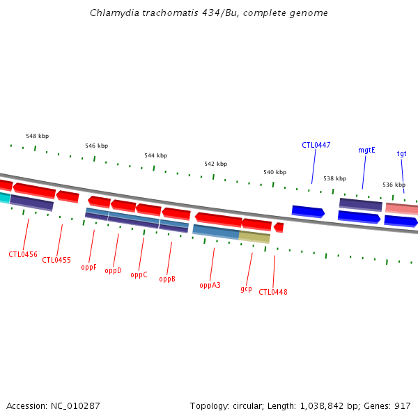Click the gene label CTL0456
click(23, 254)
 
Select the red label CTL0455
click(56, 260)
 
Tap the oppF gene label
click(88, 267)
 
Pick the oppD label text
click(114, 270)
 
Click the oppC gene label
click(139, 274)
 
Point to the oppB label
click(167, 279)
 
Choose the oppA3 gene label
click(210, 285)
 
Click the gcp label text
click(246, 288)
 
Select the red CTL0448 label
click(273, 292)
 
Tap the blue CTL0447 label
click(316, 145)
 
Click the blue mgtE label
click(366, 150)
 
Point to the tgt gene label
click(402, 153)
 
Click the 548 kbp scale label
click(38, 136)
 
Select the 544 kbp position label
click(156, 155)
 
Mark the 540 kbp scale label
click(274, 172)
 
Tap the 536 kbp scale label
click(394, 185)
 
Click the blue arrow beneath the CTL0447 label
click(308, 211)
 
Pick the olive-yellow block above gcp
click(254, 237)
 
